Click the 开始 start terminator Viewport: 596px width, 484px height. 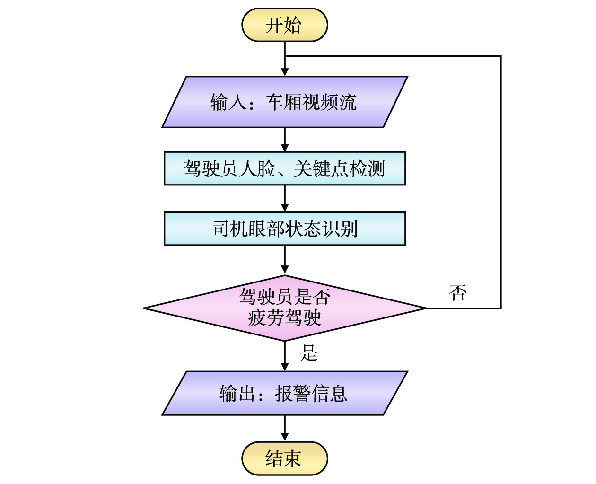[284, 25]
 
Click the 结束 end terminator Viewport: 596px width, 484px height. [284, 458]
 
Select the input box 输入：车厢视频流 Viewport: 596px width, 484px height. [284, 102]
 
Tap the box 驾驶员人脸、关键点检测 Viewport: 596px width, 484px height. [284, 168]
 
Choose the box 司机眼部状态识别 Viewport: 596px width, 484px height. [284, 229]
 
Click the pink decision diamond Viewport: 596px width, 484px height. [284, 308]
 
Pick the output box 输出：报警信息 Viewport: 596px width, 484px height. [284, 393]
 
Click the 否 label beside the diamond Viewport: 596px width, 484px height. [458, 293]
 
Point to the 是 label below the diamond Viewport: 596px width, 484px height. [308, 353]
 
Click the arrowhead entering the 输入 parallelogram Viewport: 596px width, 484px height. [285, 72]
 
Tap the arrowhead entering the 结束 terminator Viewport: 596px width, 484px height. [285, 437]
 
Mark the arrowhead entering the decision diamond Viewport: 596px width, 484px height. [285, 270]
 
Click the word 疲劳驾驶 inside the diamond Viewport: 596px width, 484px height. [284, 317]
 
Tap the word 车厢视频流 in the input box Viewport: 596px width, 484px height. [311, 102]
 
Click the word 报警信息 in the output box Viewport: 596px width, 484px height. [311, 394]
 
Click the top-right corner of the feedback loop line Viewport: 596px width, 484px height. [500, 56]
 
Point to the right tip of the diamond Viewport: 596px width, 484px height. [425, 308]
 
